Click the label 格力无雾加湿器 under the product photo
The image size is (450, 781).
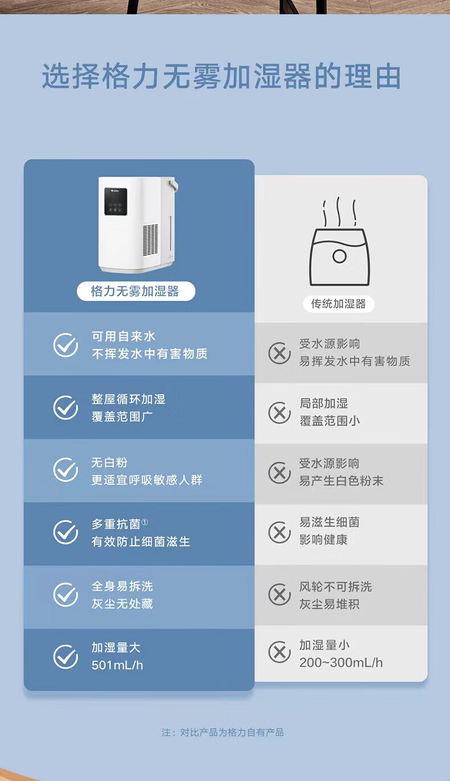pyautogui.click(x=135, y=291)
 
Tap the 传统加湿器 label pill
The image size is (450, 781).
pyautogui.click(x=338, y=304)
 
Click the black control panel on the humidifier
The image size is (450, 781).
pyautogui.click(x=116, y=201)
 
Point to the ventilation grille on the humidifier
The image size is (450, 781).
pyautogui.click(x=150, y=239)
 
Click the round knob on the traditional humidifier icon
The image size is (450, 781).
pyautogui.click(x=339, y=256)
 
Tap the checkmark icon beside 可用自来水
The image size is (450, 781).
pyautogui.click(x=66, y=345)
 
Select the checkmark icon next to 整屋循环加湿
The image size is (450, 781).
pyautogui.click(x=66, y=407)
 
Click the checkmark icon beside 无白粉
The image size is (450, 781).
pyautogui.click(x=66, y=469)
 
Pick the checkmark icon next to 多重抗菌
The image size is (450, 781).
pyautogui.click(x=66, y=532)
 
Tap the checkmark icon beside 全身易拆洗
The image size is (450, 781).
pyautogui.click(x=66, y=595)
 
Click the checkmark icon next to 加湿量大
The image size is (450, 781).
pyautogui.click(x=66, y=657)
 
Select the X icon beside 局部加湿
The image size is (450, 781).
pyautogui.click(x=280, y=413)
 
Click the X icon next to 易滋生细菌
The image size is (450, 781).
pyautogui.click(x=280, y=533)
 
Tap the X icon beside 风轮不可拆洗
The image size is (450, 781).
pyautogui.click(x=280, y=595)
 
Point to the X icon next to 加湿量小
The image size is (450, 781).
pyautogui.click(x=280, y=652)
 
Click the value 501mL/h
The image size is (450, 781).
pyautogui.click(x=117, y=665)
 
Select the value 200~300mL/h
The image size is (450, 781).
pyautogui.click(x=341, y=663)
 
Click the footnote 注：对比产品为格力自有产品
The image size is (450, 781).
pyautogui.click(x=222, y=732)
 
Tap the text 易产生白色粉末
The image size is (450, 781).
pyautogui.click(x=341, y=481)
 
